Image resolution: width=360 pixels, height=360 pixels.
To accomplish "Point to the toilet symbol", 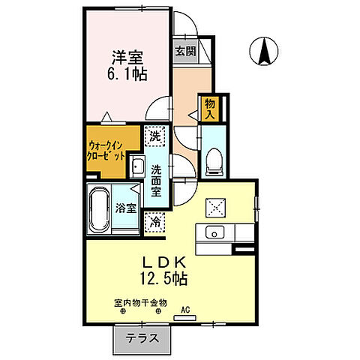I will pyautogui.click(x=213, y=158).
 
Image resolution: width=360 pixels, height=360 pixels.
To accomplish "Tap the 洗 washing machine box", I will pyautogui.click(x=154, y=136).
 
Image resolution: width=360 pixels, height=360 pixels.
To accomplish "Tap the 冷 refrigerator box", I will pyautogui.click(x=154, y=221).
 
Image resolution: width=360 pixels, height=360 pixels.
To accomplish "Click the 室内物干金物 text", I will pyautogui.click(x=141, y=303).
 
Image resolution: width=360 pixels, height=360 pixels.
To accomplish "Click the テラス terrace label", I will pyautogui.click(x=142, y=337).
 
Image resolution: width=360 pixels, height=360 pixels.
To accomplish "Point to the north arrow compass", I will pyautogui.click(x=265, y=51).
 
